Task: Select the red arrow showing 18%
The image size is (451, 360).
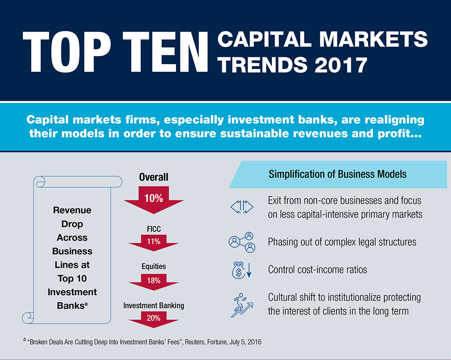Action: [154, 281]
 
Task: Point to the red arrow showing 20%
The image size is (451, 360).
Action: [154, 318]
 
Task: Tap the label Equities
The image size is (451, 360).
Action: [154, 267]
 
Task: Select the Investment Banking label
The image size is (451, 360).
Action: [154, 305]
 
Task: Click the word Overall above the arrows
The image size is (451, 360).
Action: [154, 177]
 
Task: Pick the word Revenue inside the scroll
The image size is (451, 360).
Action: [72, 210]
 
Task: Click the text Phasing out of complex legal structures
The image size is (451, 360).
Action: [342, 242]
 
